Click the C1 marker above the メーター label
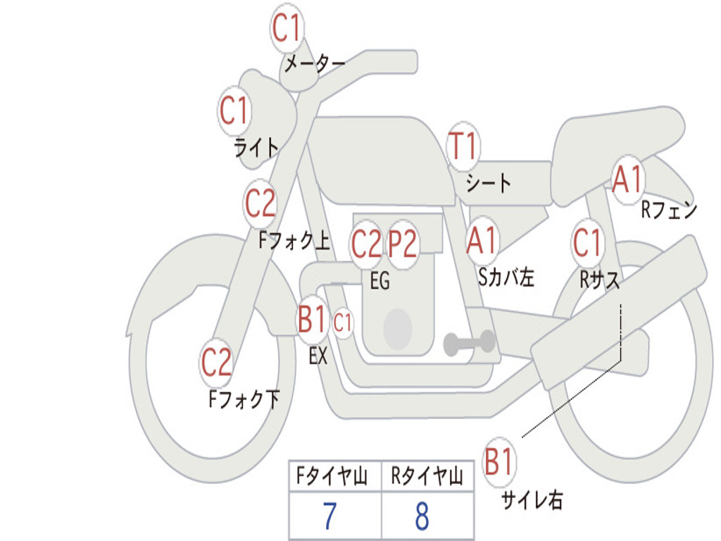pyautogui.click(x=287, y=27)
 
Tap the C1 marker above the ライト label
pyautogui.click(x=234, y=111)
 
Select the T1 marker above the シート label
pyautogui.click(x=463, y=147)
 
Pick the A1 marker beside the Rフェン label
pyautogui.click(x=627, y=180)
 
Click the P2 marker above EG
pyautogui.click(x=403, y=244)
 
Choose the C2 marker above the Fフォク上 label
pyautogui.click(x=261, y=204)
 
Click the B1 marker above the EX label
pyautogui.click(x=312, y=319)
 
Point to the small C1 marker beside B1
pyautogui.click(x=343, y=323)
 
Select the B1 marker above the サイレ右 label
pyautogui.click(x=499, y=461)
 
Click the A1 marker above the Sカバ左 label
pyautogui.click(x=482, y=240)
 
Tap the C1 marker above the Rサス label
pyautogui.click(x=587, y=242)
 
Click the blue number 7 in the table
pyautogui.click(x=330, y=516)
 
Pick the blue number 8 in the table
pyautogui.click(x=422, y=516)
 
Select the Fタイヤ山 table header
pyautogui.click(x=332, y=476)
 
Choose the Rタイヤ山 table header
pyautogui.click(x=427, y=476)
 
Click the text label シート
pyautogui.click(x=489, y=183)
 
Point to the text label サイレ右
pyautogui.click(x=532, y=500)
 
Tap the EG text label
pyautogui.click(x=380, y=280)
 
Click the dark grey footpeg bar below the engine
pyautogui.click(x=469, y=342)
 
